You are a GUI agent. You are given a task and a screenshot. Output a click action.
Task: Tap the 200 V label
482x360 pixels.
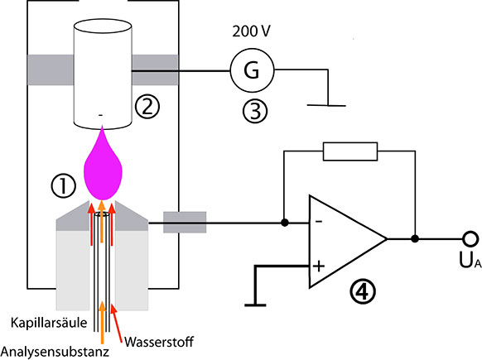pos(251,31)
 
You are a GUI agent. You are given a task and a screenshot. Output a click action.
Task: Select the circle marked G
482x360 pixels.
pos(252,70)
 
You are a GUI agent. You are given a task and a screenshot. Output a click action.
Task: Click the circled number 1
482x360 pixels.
pos(63,186)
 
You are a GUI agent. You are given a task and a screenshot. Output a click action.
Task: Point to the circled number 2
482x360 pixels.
pos(147,107)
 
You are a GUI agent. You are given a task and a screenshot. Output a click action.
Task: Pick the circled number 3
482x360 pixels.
pos(255,111)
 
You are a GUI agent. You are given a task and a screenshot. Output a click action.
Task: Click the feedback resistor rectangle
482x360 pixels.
pos(350,151)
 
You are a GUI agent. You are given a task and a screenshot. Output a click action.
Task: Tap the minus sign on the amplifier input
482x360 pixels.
pos(319,221)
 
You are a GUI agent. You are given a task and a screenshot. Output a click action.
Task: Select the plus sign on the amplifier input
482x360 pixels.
pos(319,266)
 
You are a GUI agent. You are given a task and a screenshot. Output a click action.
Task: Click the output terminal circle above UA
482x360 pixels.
pos(470,238)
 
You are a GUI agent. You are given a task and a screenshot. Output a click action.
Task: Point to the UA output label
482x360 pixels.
pos(470,260)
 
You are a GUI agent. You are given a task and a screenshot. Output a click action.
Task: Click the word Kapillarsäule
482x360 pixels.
pos(49,323)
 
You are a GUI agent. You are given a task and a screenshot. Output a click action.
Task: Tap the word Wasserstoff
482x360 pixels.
pos(159,342)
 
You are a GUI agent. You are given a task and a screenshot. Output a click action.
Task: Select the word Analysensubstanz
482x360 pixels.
pos(55,352)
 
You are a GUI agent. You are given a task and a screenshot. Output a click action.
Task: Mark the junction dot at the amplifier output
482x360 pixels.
pos(415,238)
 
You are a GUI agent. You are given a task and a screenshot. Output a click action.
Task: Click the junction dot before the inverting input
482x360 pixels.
pos(285,223)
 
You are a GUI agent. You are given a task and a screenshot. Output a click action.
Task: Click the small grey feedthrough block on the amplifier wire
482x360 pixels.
pos(185,223)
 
